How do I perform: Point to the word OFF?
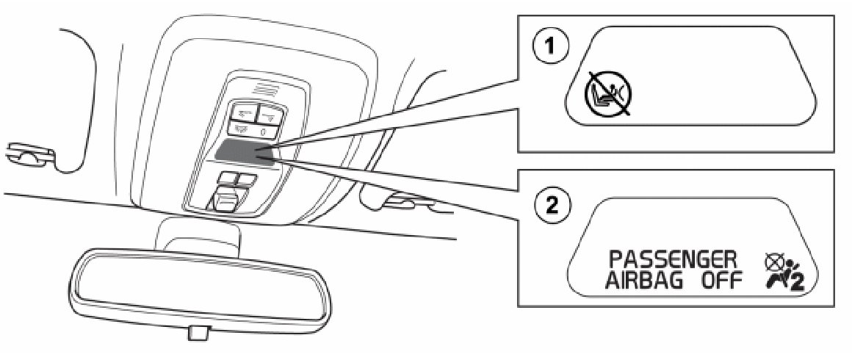[x=721, y=281]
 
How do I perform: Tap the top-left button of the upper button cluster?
[x=242, y=112]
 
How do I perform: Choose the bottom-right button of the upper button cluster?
[x=267, y=129]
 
